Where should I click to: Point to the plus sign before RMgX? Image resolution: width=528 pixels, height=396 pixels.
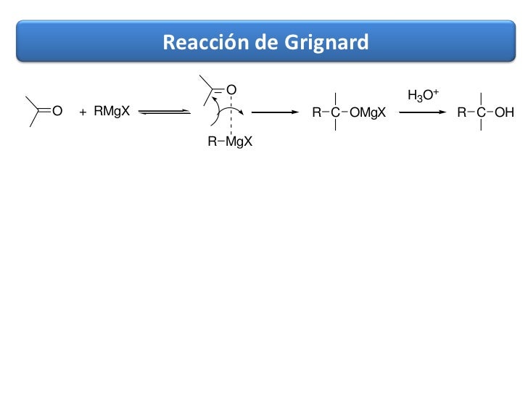(x=83, y=112)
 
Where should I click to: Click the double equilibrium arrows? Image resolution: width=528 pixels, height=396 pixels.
(x=164, y=112)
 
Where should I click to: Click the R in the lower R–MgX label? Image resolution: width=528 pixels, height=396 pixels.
(x=212, y=141)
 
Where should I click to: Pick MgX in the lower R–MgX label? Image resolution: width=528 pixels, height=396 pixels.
(x=239, y=141)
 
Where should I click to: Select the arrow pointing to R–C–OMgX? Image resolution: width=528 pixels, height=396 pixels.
(x=275, y=112)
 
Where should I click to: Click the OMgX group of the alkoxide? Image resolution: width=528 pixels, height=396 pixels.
(x=367, y=112)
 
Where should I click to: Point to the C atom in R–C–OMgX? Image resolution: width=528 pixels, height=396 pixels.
(x=335, y=112)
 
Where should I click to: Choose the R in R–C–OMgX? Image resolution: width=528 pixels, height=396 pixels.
(x=315, y=112)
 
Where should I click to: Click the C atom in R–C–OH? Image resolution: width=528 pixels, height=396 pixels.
(x=481, y=112)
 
